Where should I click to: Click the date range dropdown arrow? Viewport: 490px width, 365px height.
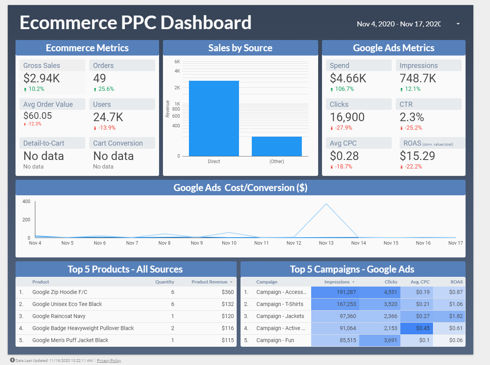click(x=458, y=24)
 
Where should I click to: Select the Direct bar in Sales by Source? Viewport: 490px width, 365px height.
click(x=214, y=118)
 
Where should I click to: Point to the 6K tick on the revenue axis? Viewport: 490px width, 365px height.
click(x=177, y=62)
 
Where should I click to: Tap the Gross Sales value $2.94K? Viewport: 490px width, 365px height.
click(x=42, y=78)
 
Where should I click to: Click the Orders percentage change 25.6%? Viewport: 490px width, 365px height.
click(x=106, y=89)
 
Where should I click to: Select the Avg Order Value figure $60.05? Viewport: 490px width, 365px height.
click(x=38, y=116)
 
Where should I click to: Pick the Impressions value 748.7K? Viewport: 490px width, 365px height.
click(x=418, y=78)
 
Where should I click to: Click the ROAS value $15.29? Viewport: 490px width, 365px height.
click(x=417, y=156)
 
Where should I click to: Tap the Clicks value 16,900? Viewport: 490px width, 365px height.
click(x=347, y=117)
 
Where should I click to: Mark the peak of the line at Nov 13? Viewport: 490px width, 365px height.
click(x=326, y=203)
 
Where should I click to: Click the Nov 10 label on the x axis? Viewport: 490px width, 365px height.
click(x=229, y=243)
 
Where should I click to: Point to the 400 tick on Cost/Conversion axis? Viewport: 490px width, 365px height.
click(x=26, y=202)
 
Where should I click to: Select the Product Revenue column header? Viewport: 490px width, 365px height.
click(x=210, y=282)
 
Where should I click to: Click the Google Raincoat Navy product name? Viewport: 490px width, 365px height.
click(x=59, y=316)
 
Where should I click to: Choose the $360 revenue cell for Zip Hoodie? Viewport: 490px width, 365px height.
click(x=228, y=292)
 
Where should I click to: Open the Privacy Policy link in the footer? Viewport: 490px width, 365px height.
click(x=109, y=361)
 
